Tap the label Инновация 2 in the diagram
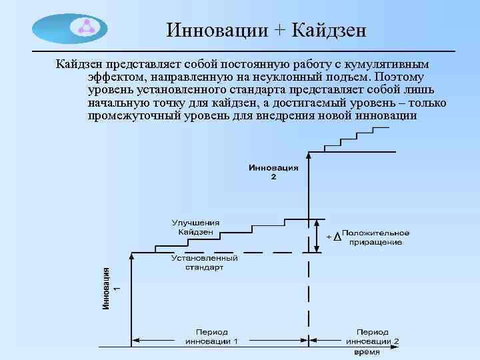click(x=273, y=172)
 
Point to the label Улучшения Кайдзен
click(x=195, y=227)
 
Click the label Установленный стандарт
click(x=205, y=262)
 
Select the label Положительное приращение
click(x=376, y=237)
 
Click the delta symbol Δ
click(x=336, y=237)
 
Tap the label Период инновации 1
click(x=211, y=336)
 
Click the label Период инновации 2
click(x=373, y=336)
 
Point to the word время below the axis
click(x=367, y=351)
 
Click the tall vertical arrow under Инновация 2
click(x=309, y=200)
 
